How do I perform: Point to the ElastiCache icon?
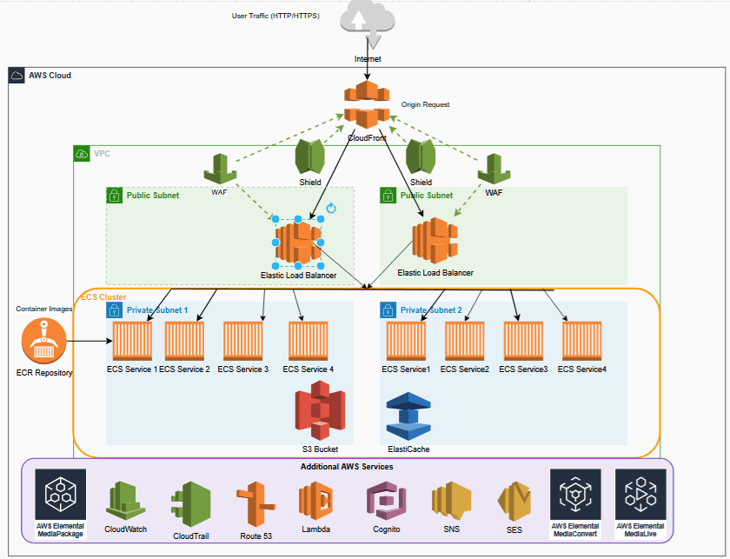(408, 416)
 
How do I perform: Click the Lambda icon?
(315, 502)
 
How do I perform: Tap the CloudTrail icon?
(190, 505)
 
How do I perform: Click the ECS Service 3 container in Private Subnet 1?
(242, 341)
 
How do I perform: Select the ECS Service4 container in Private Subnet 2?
(581, 341)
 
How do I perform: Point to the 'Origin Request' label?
(426, 104)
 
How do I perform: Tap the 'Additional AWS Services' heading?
(348, 467)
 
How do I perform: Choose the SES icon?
(513, 502)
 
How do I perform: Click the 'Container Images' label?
(43, 309)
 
